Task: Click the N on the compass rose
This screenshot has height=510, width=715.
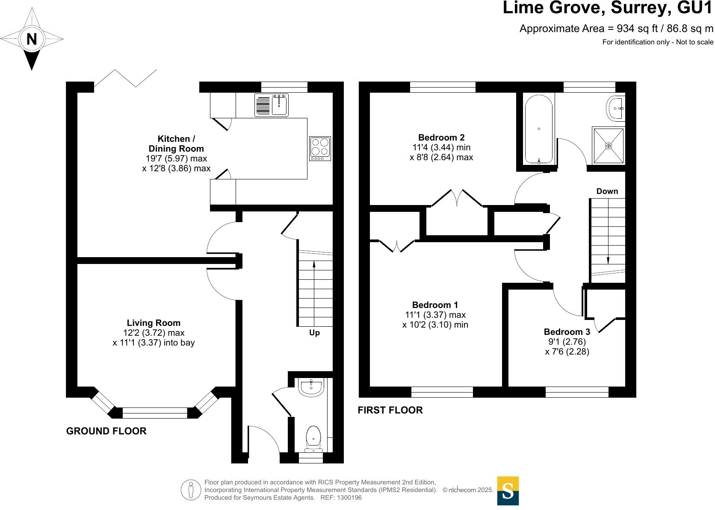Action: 32,39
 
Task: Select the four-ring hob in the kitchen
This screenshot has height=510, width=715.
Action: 320,148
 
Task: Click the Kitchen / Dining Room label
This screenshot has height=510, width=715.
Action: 176,144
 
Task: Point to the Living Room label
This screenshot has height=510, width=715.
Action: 154,323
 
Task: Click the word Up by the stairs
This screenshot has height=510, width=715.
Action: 314,333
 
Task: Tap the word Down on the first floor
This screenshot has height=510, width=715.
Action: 607,191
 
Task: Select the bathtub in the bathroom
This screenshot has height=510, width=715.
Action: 539,129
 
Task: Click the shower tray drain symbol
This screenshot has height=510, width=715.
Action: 609,146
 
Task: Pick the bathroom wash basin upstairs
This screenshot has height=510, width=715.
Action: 615,108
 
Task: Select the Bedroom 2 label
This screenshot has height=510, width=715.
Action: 441,138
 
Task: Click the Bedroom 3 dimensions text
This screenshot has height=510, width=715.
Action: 567,347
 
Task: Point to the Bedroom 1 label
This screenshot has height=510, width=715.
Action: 435,305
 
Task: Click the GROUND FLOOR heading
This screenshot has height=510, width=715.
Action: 106,431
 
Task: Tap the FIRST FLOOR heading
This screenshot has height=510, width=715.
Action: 390,410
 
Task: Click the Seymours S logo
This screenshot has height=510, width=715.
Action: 508,491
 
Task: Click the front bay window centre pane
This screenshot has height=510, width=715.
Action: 155,413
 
